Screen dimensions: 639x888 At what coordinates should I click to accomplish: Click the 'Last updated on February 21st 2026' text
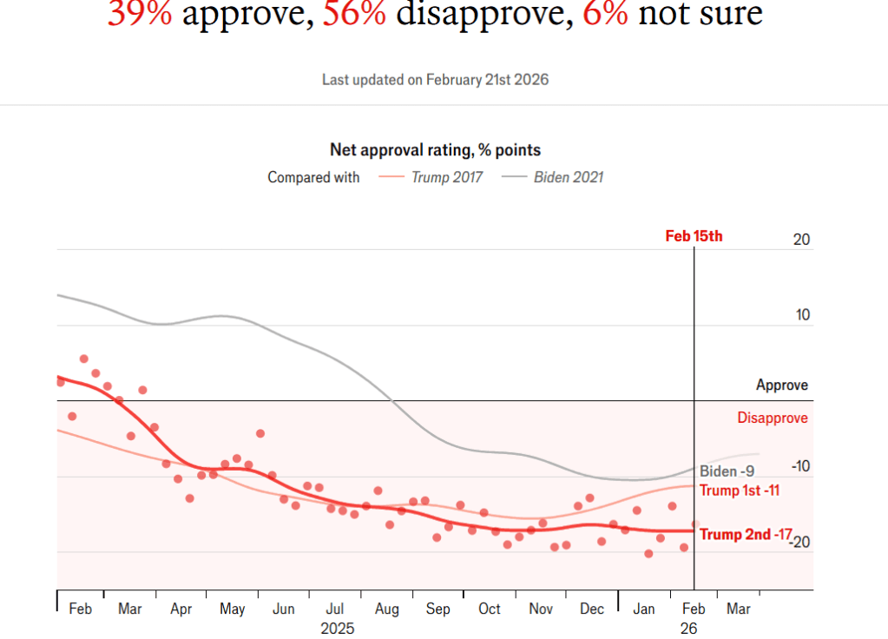coord(435,79)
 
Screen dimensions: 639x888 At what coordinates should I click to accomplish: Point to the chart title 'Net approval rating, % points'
coord(435,150)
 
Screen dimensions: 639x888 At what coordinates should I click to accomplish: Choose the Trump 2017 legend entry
coord(431,177)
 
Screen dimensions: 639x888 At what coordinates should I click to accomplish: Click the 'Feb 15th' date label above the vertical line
coord(694,235)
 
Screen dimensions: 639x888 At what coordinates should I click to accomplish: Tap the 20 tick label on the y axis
coord(802,240)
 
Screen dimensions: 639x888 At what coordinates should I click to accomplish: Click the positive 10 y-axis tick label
coord(802,315)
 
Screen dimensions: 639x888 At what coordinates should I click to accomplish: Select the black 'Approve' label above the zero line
coord(781,385)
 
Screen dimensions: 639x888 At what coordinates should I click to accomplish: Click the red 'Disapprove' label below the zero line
coord(773,418)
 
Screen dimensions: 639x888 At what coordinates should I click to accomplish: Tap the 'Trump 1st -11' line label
coord(740,491)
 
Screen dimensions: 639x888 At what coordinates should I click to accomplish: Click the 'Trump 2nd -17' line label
coord(746,535)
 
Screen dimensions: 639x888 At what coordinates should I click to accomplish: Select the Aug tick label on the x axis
coord(386,609)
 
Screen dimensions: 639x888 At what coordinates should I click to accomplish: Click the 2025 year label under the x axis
coord(337,628)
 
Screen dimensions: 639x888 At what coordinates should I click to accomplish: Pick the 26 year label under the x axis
coord(688,628)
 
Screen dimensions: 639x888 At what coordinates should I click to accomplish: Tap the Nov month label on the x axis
coord(541,609)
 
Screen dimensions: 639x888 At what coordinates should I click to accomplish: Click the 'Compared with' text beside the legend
coord(313,177)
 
